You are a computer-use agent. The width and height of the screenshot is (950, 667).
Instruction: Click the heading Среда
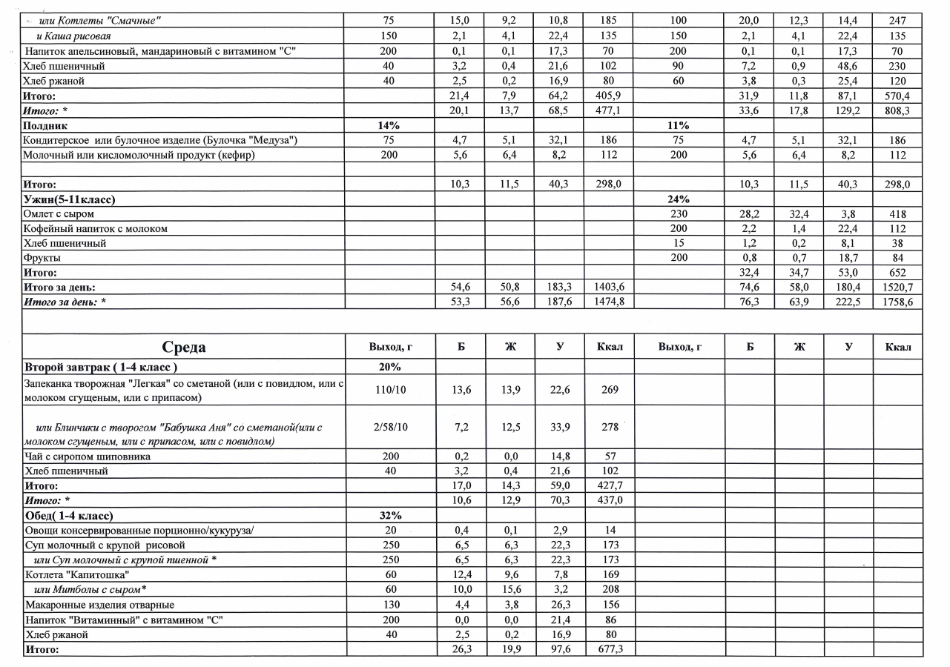[185, 348]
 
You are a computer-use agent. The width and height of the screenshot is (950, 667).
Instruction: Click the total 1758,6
[897, 302]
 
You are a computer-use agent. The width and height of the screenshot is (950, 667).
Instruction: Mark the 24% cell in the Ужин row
[679, 199]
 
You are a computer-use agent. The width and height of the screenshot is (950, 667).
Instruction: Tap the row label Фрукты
[42, 258]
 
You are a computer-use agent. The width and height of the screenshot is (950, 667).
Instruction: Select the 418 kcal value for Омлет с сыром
[897, 214]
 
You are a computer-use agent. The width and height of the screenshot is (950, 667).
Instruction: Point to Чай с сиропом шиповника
[88, 457]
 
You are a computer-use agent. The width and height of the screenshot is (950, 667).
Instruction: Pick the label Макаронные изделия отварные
[100, 604]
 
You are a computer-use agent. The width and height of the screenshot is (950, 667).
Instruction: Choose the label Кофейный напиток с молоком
[96, 229]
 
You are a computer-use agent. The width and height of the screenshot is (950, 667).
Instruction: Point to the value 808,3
[897, 111]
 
